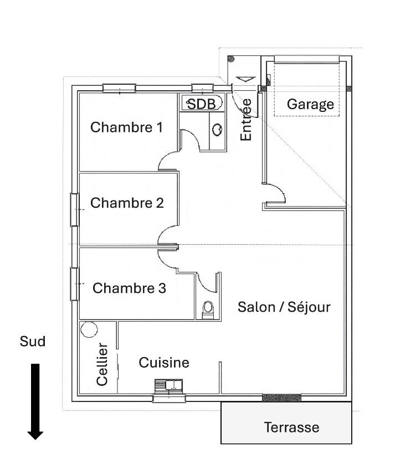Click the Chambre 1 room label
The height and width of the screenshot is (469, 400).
pos(126,127)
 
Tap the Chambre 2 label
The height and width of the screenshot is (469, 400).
pos(127,203)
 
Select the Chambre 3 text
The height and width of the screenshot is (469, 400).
pos(129,288)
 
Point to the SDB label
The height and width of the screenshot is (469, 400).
pos(201,104)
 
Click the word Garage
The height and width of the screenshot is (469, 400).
pos(310,105)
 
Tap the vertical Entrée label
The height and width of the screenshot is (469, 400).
pos(246,120)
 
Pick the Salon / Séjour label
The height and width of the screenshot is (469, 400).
pos(284,307)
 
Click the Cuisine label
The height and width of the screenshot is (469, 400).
pos(164,363)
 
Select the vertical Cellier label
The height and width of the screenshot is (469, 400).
pos(102,364)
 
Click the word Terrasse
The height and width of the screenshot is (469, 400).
pos(292,427)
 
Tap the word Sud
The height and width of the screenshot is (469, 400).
pos(33,341)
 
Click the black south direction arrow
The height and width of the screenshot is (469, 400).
pos(35,401)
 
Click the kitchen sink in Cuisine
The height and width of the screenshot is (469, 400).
pos(169,385)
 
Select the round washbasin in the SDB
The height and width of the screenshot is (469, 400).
pos(217,130)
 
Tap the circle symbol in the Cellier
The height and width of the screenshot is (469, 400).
pos(89,329)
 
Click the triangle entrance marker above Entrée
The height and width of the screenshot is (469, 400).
pos(246,79)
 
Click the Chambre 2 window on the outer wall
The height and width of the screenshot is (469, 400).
pos(74,210)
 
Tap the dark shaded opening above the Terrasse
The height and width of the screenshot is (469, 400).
pos(281,398)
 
